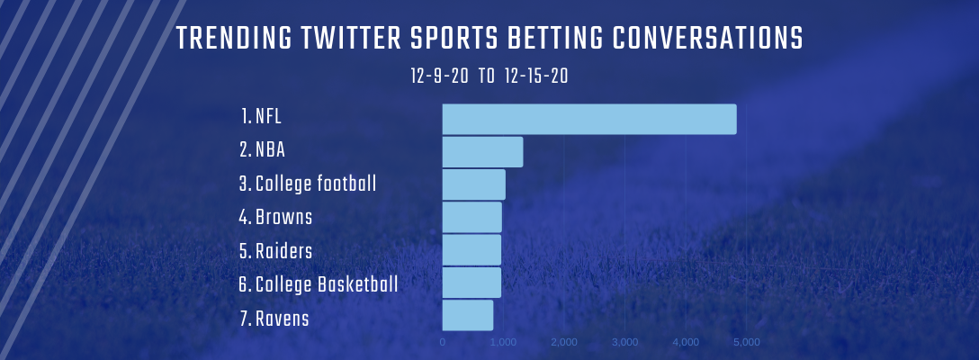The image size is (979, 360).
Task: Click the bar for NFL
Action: (x=589, y=119)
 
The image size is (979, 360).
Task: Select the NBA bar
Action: (x=482, y=152)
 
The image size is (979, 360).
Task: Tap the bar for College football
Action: (x=474, y=184)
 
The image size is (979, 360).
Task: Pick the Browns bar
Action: (x=472, y=217)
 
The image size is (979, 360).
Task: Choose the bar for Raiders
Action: (x=472, y=250)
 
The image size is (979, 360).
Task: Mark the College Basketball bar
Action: (x=472, y=283)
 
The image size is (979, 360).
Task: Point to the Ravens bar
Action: (x=468, y=315)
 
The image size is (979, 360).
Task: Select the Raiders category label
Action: (x=275, y=251)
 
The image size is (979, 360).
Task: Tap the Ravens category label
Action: (x=274, y=319)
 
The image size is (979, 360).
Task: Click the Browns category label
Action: (x=275, y=218)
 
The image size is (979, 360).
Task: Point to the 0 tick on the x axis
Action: (x=443, y=342)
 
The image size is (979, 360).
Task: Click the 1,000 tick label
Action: (x=503, y=342)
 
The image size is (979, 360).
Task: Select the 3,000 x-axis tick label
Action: (x=625, y=342)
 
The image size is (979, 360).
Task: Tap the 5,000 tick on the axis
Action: (x=747, y=342)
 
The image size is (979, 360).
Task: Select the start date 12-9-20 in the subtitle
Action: (x=439, y=76)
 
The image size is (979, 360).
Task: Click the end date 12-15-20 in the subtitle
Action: (x=536, y=76)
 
